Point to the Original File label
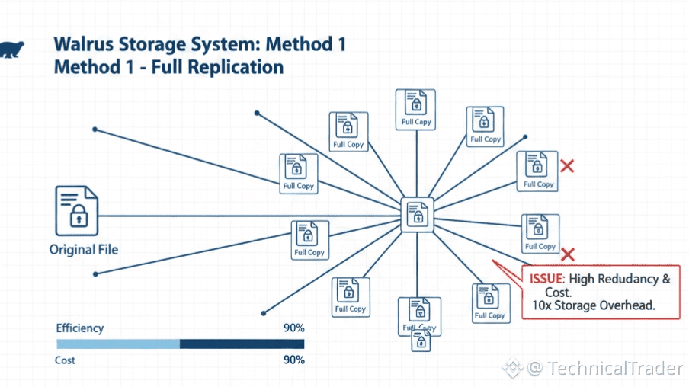[x=84, y=250]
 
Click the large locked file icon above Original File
[x=76, y=210]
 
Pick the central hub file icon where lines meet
[x=417, y=214]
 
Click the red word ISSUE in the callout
[x=547, y=279]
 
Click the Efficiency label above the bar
[x=80, y=328]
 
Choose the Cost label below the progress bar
[x=66, y=360]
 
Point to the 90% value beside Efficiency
[x=293, y=328]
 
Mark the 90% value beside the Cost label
[x=293, y=360]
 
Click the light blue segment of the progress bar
[x=117, y=344]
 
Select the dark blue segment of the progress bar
[x=242, y=344]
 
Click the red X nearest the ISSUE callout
[x=567, y=254]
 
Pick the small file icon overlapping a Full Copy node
[x=420, y=340]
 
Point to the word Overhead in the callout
[x=630, y=305]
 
